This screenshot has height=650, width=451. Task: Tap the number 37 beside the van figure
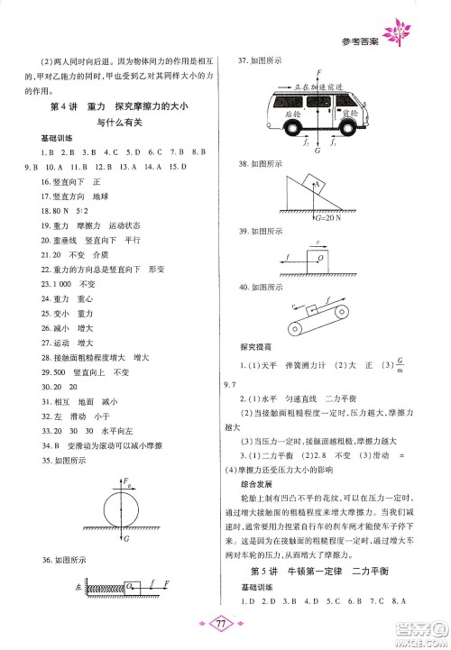pos(241,61)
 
